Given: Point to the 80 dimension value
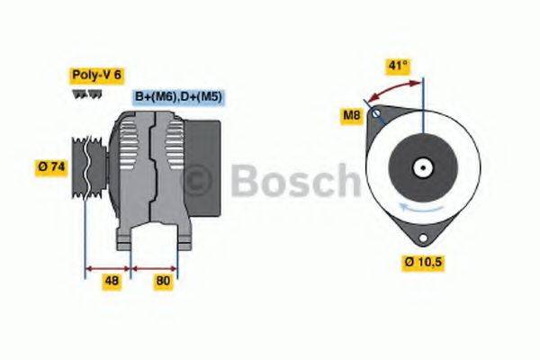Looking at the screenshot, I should (x=163, y=280).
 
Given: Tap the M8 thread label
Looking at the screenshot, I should (x=352, y=114).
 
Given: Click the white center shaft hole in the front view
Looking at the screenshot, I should (x=421, y=167).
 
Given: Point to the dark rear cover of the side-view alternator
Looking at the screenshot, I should (x=208, y=144).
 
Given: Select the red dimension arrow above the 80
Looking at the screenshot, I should (x=155, y=267).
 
